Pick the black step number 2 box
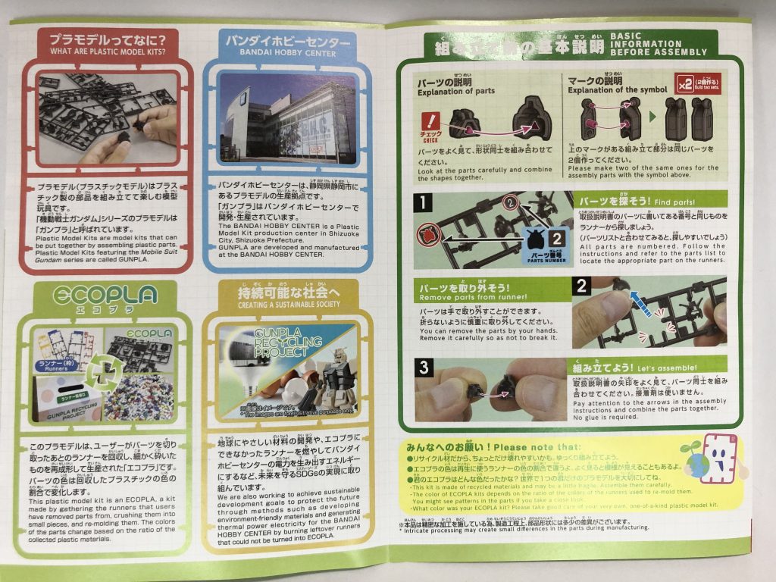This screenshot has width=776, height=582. pyautogui.click(x=581, y=286)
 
